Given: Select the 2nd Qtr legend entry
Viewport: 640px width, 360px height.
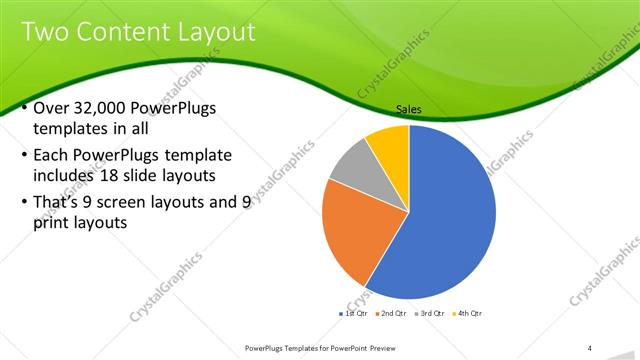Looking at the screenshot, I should pos(391,313).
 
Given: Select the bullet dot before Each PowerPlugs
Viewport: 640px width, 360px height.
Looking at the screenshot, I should pos(24,157).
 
